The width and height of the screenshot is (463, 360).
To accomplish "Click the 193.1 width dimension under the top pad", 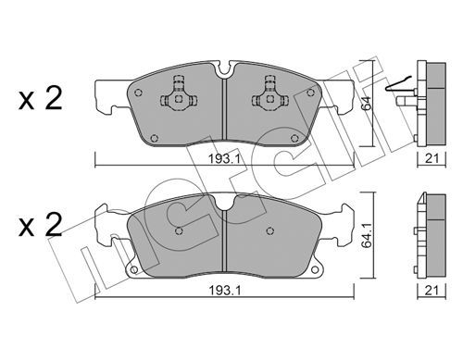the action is click(x=224, y=159).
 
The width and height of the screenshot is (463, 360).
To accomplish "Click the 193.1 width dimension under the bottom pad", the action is click(x=224, y=291).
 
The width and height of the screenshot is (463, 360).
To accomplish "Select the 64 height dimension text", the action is click(x=367, y=104).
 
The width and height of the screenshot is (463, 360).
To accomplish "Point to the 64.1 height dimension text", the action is click(x=367, y=236).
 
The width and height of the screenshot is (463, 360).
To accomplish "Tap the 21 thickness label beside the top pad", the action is click(x=432, y=159).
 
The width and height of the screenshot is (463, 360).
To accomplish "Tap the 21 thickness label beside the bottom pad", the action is click(x=432, y=291).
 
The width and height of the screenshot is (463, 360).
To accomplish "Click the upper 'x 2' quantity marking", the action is click(x=41, y=98).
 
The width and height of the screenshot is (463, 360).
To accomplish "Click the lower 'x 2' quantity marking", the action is click(x=41, y=225).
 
